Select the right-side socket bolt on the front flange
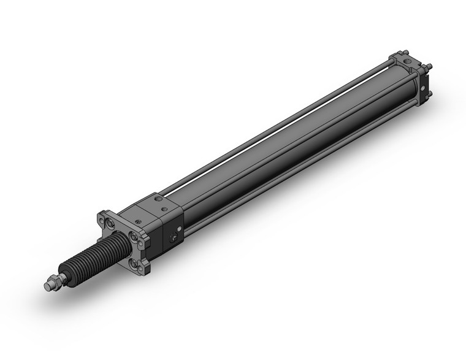(x=133, y=236)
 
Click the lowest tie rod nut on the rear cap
(x=429, y=93)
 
